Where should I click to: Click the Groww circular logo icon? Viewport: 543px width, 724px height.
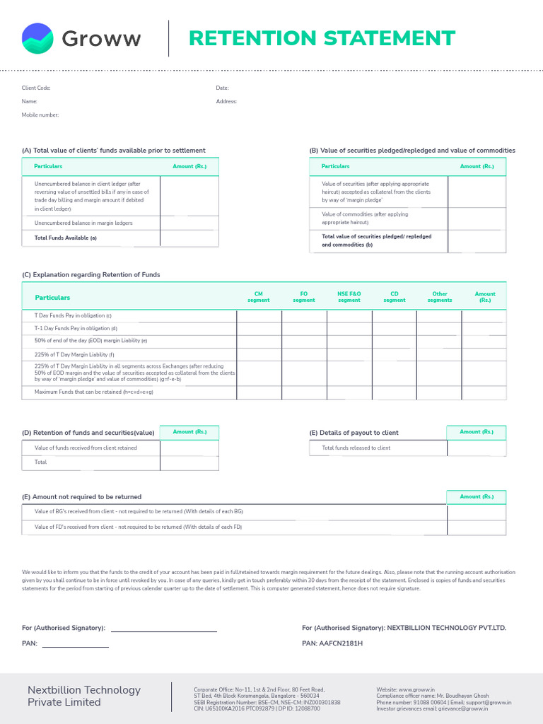click(37, 38)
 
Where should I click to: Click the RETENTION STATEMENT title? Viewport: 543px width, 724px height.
click(322, 38)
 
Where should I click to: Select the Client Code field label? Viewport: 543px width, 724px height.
click(36, 88)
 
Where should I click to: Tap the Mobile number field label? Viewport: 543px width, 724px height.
click(40, 115)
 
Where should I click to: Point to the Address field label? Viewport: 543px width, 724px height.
click(226, 102)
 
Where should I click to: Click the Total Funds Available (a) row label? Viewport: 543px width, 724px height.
click(66, 238)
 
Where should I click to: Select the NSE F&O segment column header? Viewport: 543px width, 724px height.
click(349, 297)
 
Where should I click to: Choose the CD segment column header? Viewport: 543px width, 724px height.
click(395, 297)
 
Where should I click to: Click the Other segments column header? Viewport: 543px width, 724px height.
click(439, 297)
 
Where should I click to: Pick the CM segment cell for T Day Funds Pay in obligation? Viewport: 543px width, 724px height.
click(259, 315)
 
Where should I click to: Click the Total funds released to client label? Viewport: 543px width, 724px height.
click(356, 448)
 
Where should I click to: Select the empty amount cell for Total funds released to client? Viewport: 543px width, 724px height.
click(477, 448)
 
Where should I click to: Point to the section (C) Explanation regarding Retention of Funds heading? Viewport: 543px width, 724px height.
click(91, 274)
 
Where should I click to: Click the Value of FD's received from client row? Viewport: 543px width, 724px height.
click(139, 527)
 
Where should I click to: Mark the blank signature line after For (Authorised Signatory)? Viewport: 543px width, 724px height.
click(163, 628)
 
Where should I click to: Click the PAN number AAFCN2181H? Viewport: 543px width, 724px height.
click(342, 644)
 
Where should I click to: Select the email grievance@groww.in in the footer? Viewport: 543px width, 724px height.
click(467, 708)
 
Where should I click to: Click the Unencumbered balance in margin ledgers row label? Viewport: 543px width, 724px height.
click(83, 223)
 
